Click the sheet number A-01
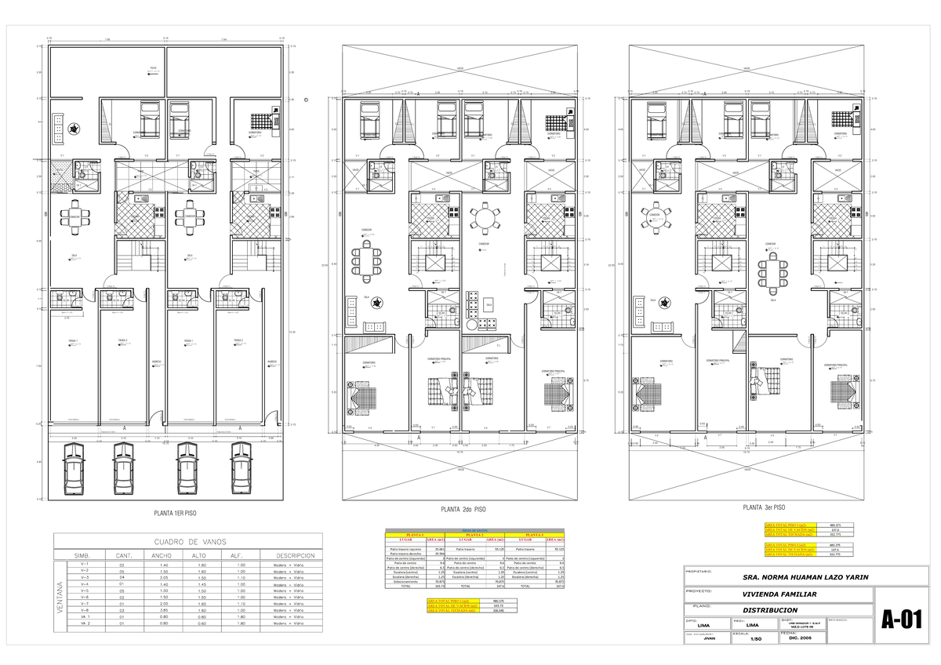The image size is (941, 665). click(899, 620)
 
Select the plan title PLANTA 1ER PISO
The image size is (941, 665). click(175, 513)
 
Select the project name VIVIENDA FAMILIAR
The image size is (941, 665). click(774, 594)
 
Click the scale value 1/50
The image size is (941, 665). click(756, 639)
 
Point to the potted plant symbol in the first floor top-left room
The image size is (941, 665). click(73, 128)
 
